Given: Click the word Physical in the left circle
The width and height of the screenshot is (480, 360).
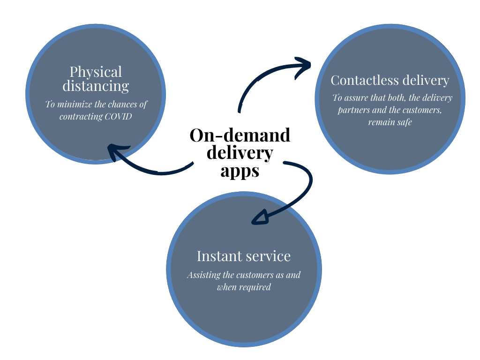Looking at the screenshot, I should coord(96,72).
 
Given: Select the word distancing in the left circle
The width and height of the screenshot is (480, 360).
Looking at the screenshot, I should coord(96,86).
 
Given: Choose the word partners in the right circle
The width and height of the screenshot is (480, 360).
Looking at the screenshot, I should coord(352,111).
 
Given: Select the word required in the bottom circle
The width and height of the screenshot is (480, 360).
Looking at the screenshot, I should coord(255,287).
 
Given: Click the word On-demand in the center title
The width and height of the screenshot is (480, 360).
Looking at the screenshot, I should coord(240,135).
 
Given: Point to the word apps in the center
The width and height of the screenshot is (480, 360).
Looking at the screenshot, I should coord(240,171).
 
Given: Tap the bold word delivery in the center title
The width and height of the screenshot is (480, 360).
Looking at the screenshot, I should coord(240,153).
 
